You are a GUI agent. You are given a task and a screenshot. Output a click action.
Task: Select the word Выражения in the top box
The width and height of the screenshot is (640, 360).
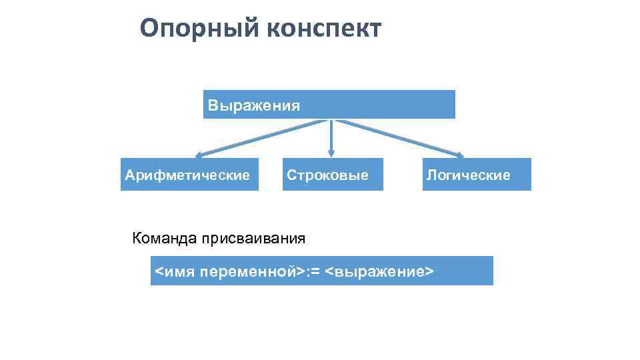pyautogui.click(x=253, y=105)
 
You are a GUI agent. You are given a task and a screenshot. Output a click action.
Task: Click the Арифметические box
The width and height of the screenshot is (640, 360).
pyautogui.click(x=189, y=175)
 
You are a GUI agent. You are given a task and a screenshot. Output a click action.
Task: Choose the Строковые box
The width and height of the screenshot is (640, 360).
pyautogui.click(x=333, y=175)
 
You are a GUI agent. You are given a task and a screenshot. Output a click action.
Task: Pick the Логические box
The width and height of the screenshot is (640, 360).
pyautogui.click(x=476, y=175)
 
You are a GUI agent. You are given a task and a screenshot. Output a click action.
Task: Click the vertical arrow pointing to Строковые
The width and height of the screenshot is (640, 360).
pyautogui.click(x=331, y=137)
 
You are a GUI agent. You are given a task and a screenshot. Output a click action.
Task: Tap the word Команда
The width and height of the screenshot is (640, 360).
pyautogui.click(x=161, y=238)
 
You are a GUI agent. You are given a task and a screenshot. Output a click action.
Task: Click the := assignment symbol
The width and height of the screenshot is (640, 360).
pyautogui.click(x=313, y=272)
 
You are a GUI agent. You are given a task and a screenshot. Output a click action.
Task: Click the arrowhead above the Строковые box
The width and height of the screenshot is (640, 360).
pyautogui.click(x=331, y=153)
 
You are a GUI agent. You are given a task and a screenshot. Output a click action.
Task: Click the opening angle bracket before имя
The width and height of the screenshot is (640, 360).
pyautogui.click(x=159, y=272)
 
